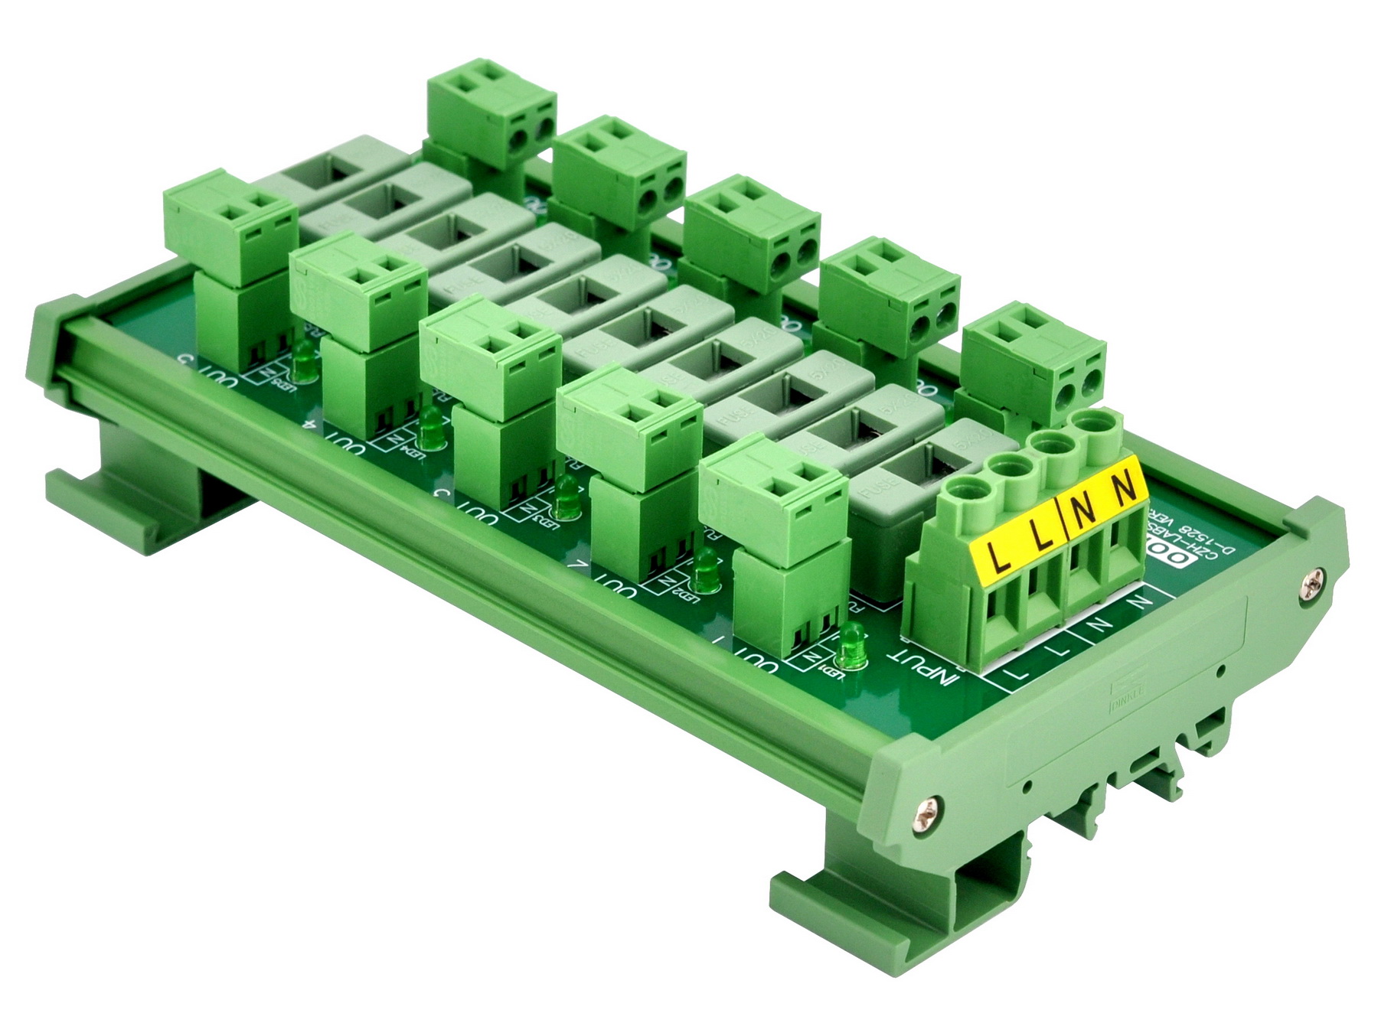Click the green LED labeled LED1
[851, 647]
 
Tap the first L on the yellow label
[998, 556]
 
